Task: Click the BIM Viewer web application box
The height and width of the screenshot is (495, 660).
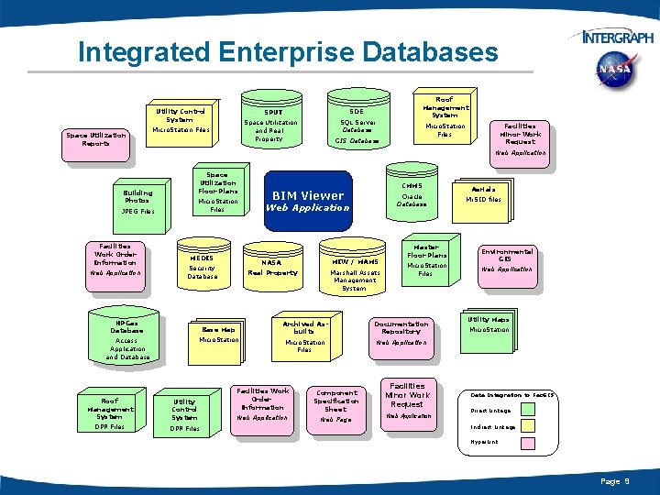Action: [307, 200]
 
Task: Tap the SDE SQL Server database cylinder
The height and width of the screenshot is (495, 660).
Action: [357, 125]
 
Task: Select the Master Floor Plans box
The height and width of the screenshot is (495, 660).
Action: [426, 261]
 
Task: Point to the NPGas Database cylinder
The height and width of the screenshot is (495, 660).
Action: [127, 340]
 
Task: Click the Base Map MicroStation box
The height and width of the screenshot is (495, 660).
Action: [218, 335]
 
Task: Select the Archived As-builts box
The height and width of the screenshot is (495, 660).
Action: [304, 335]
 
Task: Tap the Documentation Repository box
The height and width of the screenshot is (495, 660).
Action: [401, 333]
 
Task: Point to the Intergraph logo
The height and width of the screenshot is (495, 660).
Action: [617, 37]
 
